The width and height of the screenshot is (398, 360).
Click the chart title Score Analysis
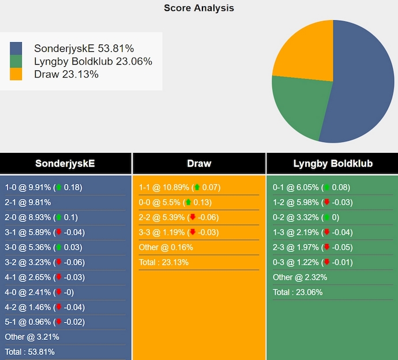[198, 8]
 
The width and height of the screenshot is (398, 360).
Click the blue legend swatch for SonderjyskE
[16, 48]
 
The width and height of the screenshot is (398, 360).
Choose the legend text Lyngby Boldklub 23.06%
[93, 61]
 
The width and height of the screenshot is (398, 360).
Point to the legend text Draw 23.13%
[66, 74]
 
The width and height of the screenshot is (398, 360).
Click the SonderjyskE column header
[65, 163]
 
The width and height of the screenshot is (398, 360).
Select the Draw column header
[199, 163]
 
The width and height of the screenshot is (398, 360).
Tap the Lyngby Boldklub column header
[333, 163]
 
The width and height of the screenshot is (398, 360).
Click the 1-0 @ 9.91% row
[43, 187]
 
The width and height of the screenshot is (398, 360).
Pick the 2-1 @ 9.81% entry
[28, 202]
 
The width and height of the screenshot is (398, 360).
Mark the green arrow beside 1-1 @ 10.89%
[197, 187]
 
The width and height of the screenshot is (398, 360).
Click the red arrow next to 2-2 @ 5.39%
[193, 217]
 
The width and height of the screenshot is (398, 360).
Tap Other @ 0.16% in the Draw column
[166, 247]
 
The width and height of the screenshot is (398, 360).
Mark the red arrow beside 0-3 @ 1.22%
[326, 262]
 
